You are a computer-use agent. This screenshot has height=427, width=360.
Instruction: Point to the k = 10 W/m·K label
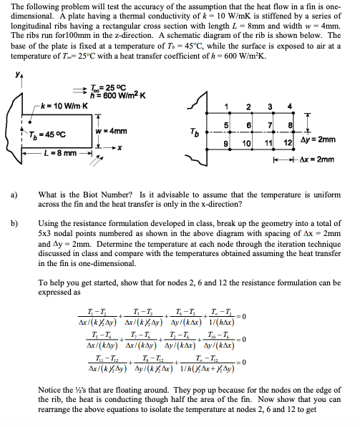tap(48, 105)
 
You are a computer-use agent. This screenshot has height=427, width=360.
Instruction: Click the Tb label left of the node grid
tap(188, 132)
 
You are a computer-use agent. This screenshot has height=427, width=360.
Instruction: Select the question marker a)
tap(15, 195)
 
